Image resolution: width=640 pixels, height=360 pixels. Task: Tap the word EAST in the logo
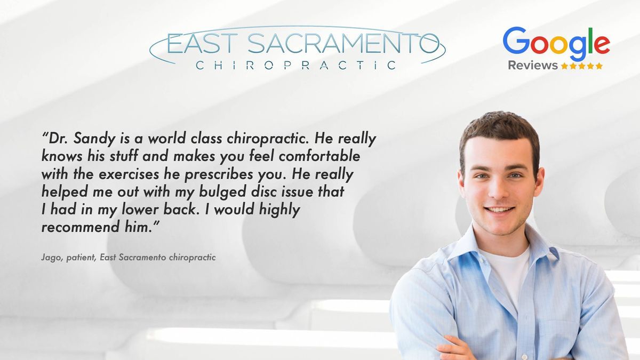202,43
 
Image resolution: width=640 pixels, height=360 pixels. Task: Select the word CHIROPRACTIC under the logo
296,66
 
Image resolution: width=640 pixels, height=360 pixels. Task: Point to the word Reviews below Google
533,66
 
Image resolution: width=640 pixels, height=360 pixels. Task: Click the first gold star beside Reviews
564,66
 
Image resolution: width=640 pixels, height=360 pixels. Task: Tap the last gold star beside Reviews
599,66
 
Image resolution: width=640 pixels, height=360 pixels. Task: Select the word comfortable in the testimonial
319,156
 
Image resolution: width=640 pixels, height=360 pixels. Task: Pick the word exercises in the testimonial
129,174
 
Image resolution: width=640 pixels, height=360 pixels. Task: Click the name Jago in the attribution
52,258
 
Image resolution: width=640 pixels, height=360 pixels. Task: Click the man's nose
499,189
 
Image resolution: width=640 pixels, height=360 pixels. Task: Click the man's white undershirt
507,274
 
